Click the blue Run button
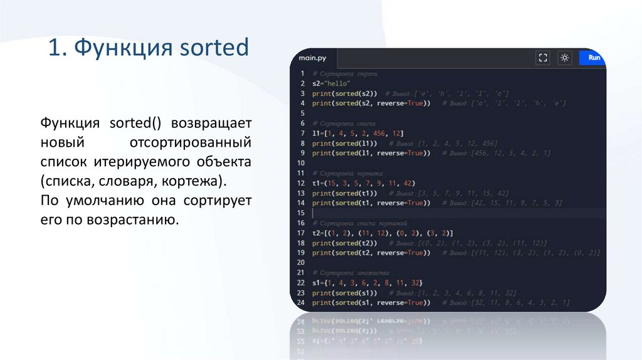[x=593, y=58]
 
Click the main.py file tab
[x=313, y=58]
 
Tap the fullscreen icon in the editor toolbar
[x=544, y=58]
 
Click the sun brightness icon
[x=565, y=58]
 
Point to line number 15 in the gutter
[x=300, y=213]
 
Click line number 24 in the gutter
[x=300, y=303]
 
